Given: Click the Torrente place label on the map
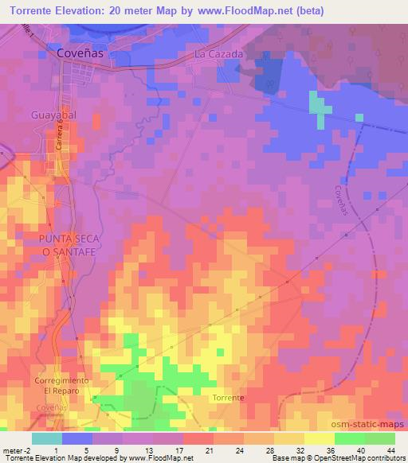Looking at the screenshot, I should tap(228, 397).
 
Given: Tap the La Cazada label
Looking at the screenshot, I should tap(219, 54).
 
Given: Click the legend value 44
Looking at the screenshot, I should tap(390, 450).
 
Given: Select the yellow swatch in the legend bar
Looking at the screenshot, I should tap(320, 438).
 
